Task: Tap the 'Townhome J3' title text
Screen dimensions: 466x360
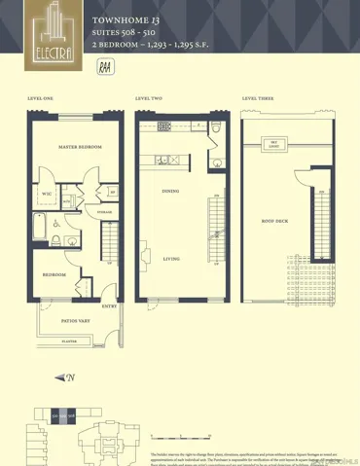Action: coord(120,19)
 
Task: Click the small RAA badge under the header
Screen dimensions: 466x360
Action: coord(104,67)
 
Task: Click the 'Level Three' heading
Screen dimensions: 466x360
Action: coord(257,99)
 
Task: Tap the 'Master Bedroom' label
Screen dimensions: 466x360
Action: coord(81,147)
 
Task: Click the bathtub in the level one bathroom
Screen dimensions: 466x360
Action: coord(38,228)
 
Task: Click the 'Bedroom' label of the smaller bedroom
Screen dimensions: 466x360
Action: coord(54,274)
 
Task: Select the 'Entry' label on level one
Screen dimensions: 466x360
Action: coord(108,307)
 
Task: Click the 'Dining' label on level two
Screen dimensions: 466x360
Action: coord(170,192)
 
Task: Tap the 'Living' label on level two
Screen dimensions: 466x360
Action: coord(171,259)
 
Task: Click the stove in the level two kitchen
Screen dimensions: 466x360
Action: coord(162,125)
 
